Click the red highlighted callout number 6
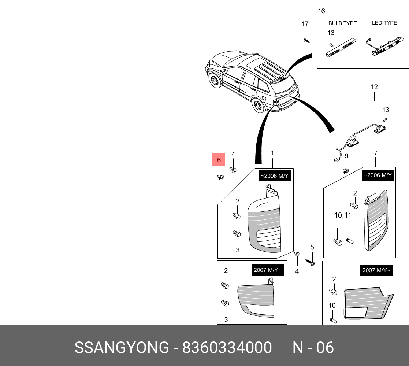tap(219, 160)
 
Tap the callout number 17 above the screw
tap(305, 24)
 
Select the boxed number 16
tap(321, 11)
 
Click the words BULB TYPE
tap(342, 23)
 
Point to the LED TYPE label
tap(384, 23)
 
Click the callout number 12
tap(374, 87)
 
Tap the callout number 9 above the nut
tap(346, 156)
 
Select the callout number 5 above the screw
tap(312, 247)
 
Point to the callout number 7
tap(376, 153)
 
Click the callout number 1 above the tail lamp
tap(272, 153)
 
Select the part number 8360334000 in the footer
tap(227, 347)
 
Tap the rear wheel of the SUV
tap(259, 106)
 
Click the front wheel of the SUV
tap(214, 81)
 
